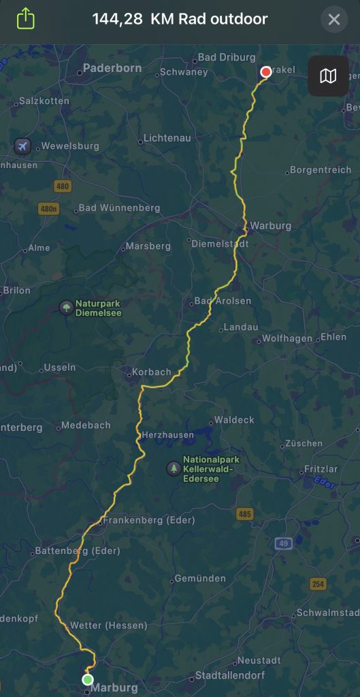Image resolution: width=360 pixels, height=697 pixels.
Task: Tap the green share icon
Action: (x=25, y=18)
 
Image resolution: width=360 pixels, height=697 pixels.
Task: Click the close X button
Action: (x=334, y=20)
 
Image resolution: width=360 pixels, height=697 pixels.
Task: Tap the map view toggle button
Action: (x=328, y=76)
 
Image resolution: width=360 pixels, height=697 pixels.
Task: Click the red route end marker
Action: (x=265, y=71)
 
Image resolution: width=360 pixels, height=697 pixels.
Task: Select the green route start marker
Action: (x=87, y=679)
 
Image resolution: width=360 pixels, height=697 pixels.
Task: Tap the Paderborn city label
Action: (x=112, y=69)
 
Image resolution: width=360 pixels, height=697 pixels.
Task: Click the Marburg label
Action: (x=114, y=687)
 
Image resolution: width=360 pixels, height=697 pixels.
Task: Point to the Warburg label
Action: (x=270, y=225)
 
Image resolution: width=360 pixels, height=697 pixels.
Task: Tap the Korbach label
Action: (x=150, y=372)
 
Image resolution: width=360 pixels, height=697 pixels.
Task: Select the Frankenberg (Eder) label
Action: (x=148, y=520)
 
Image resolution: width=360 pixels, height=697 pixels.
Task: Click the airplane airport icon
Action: (x=22, y=146)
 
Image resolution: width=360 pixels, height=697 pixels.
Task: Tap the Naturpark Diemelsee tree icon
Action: (x=66, y=307)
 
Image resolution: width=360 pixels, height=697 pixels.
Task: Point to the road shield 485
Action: (x=245, y=513)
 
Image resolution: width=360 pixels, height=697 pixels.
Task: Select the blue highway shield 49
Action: (x=284, y=543)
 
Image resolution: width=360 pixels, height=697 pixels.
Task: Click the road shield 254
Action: (x=317, y=584)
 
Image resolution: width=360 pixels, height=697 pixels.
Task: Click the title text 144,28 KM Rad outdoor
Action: (x=180, y=19)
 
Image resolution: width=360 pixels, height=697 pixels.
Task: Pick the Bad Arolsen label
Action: (x=223, y=301)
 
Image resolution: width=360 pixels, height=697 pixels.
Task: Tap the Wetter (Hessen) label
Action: (x=109, y=625)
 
